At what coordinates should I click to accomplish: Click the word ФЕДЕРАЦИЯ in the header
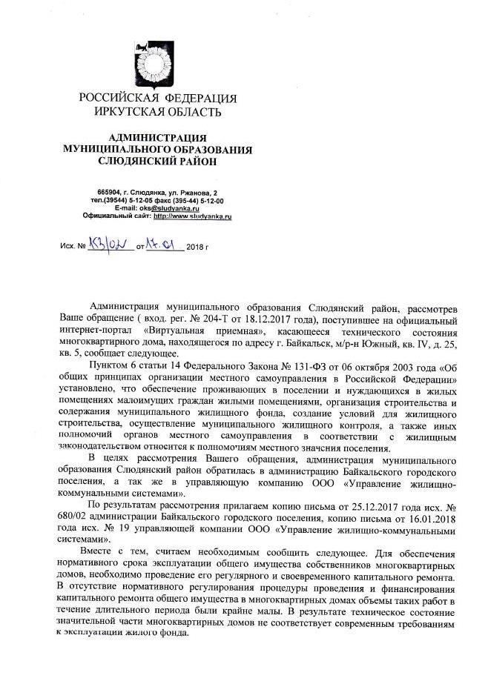pyautogui.click(x=197, y=99)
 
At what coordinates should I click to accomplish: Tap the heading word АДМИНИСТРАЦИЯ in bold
pyautogui.click(x=157, y=138)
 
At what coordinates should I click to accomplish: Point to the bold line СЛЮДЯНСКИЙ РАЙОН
pyautogui.click(x=157, y=161)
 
